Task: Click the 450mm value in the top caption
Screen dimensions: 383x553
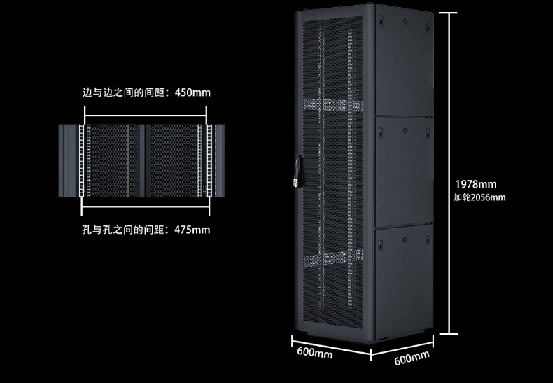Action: point(192,92)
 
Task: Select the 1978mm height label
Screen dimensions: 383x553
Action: point(475,184)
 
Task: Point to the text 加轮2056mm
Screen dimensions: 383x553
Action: point(479,197)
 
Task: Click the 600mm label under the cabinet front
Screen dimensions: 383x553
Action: point(314,352)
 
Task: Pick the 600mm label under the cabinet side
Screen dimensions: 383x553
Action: point(412,358)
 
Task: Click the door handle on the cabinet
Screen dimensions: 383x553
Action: point(297,172)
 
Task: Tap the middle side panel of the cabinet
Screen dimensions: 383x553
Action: point(404,172)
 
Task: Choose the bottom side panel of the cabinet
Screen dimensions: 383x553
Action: point(404,277)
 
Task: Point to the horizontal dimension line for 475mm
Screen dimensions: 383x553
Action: point(146,208)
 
